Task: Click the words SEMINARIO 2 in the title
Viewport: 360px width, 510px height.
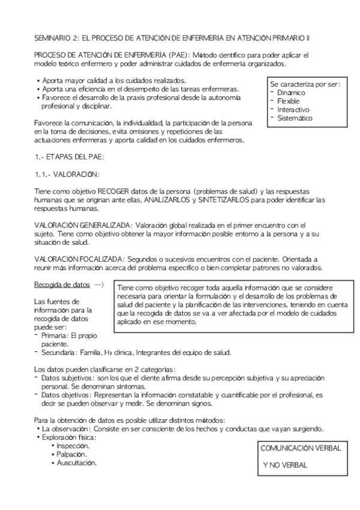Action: [x=55, y=38]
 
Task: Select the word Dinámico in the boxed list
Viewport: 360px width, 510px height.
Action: [x=291, y=93]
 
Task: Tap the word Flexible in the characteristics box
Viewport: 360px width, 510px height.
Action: [x=288, y=101]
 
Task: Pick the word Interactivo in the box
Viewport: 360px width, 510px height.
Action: [x=293, y=110]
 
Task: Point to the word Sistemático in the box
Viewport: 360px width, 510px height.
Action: [x=295, y=118]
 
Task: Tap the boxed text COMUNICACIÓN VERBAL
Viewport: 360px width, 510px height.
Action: [x=301, y=448]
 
